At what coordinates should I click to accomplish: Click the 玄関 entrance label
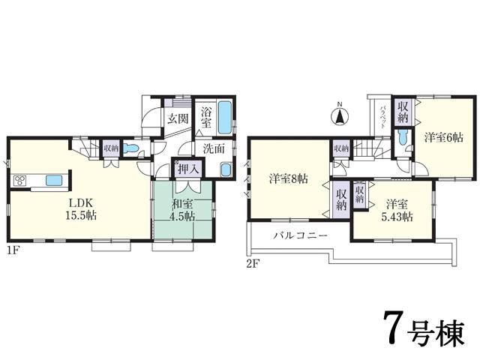[x=176, y=118]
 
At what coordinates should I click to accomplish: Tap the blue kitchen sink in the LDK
[x=54, y=180]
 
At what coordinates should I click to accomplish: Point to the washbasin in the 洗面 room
[x=226, y=169]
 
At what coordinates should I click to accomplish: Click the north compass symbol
[x=339, y=117]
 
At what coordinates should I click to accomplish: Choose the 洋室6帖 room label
[x=442, y=136]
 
